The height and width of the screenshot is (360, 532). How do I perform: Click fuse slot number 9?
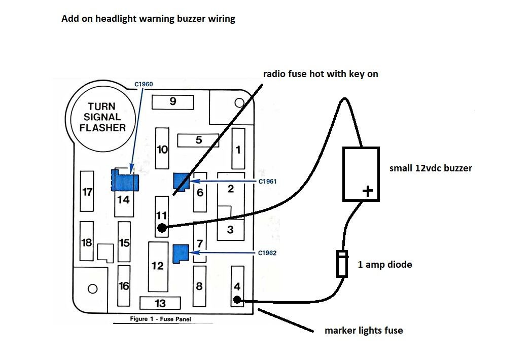(x=173, y=101)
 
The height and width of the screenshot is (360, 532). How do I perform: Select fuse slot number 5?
(x=198, y=140)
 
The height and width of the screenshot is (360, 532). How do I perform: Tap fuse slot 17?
(x=88, y=192)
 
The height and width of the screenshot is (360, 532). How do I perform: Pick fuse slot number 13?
(x=160, y=303)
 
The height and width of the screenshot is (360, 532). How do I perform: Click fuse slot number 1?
(x=238, y=149)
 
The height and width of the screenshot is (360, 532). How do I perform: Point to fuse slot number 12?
(x=158, y=266)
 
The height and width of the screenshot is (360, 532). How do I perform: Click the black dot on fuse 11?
(x=162, y=228)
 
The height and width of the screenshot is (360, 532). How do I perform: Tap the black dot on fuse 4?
(x=237, y=300)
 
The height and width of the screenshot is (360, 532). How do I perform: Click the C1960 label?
(x=144, y=84)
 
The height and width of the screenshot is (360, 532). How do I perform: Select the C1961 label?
(x=267, y=181)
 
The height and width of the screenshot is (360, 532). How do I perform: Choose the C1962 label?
(x=267, y=253)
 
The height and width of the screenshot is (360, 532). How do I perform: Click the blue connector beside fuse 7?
(x=181, y=253)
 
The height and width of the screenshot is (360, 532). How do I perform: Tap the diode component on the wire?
(x=343, y=264)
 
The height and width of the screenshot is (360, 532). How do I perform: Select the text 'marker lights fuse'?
(x=364, y=331)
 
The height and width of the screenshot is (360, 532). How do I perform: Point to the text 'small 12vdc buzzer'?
(x=431, y=168)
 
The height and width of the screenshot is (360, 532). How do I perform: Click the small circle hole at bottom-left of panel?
(x=92, y=289)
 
